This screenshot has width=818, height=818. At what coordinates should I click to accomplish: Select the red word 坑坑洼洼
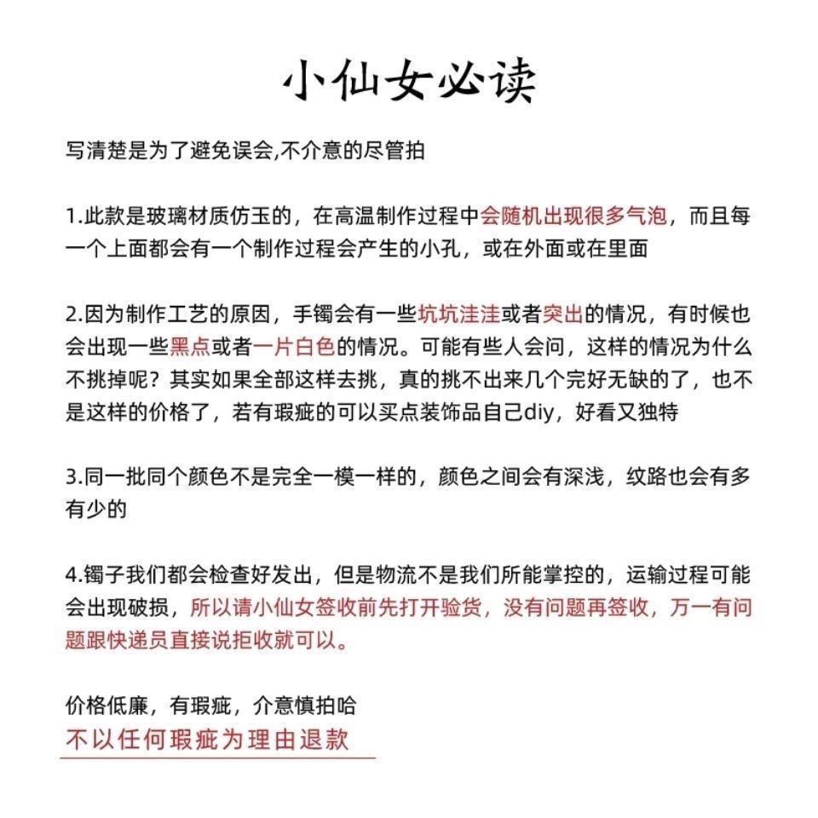pos(458,314)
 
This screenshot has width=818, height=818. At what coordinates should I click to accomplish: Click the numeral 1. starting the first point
pos(73,216)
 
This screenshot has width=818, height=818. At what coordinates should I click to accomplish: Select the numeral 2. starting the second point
pos(73,314)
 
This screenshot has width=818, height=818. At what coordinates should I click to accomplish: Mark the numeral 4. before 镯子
pos(73,575)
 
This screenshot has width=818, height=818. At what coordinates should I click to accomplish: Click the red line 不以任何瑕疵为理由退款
pos(207,738)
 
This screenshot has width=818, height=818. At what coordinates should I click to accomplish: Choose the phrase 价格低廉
pos(106,706)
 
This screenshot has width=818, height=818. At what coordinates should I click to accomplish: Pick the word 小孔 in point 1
pos(438,249)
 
